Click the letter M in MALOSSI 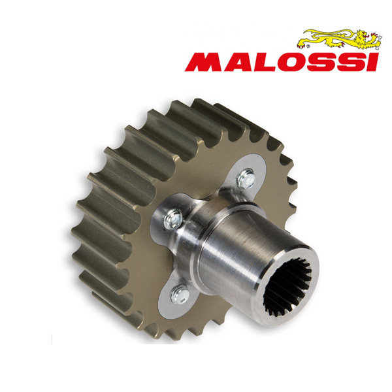[204, 62]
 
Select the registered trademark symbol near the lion [301, 46]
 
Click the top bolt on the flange [248, 175]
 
